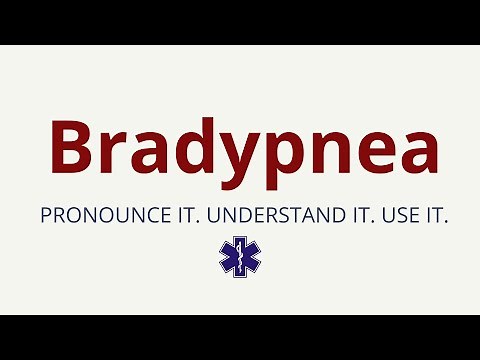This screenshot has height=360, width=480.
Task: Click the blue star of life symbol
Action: click(240, 256)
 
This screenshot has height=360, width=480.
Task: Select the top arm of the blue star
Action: click(240, 243)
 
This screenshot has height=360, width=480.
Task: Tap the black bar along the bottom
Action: click(240, 337)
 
